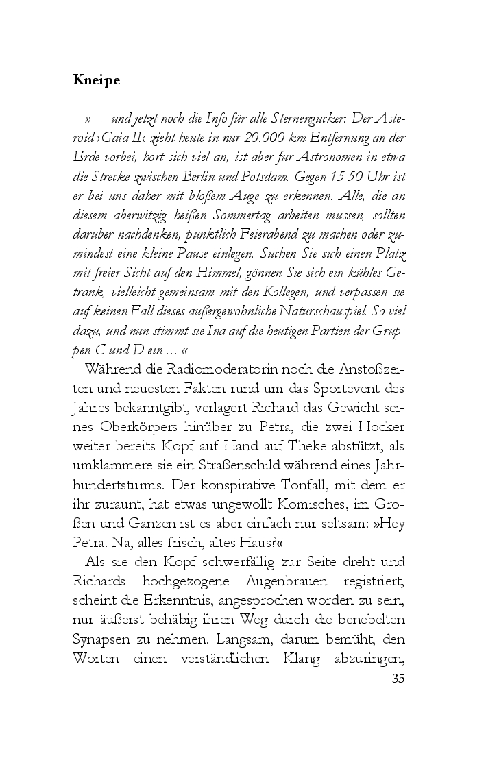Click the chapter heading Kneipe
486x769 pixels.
[x=96, y=80]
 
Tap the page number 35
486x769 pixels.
[x=398, y=679]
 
